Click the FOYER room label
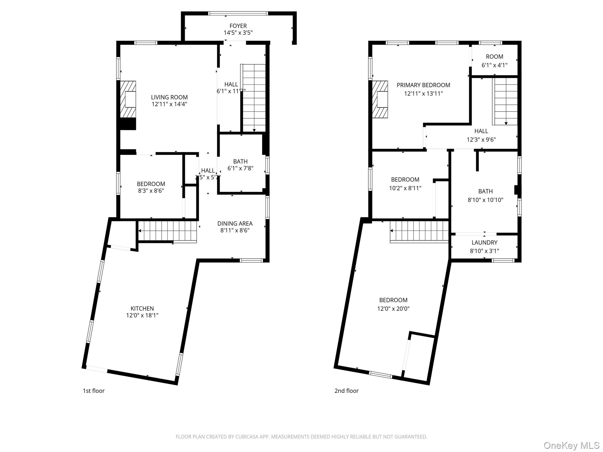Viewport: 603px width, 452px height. (x=238, y=26)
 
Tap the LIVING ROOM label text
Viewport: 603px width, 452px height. (x=169, y=97)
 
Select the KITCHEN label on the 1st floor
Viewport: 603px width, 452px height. (x=142, y=308)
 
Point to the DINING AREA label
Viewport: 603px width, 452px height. (x=235, y=224)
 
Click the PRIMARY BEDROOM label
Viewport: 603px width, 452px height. (x=423, y=85)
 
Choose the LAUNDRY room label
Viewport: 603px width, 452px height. (x=484, y=242)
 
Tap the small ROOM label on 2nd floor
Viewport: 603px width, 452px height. (x=494, y=56)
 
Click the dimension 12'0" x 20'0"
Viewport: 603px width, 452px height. (x=393, y=309)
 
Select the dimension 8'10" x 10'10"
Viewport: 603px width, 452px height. (x=486, y=200)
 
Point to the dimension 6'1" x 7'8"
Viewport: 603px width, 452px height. (x=240, y=168)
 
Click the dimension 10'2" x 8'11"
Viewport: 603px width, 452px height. (x=405, y=188)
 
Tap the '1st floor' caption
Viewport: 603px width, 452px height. (x=94, y=391)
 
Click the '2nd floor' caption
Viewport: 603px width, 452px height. (x=347, y=391)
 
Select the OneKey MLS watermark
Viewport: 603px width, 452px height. (x=571, y=445)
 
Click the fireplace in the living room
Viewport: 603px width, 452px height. (x=128, y=99)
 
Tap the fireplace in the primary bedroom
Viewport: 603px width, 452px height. (x=380, y=99)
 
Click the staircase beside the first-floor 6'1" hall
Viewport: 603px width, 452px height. (x=253, y=98)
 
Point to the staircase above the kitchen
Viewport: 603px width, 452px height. (x=168, y=232)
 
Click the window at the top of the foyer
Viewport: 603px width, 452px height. (x=238, y=13)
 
